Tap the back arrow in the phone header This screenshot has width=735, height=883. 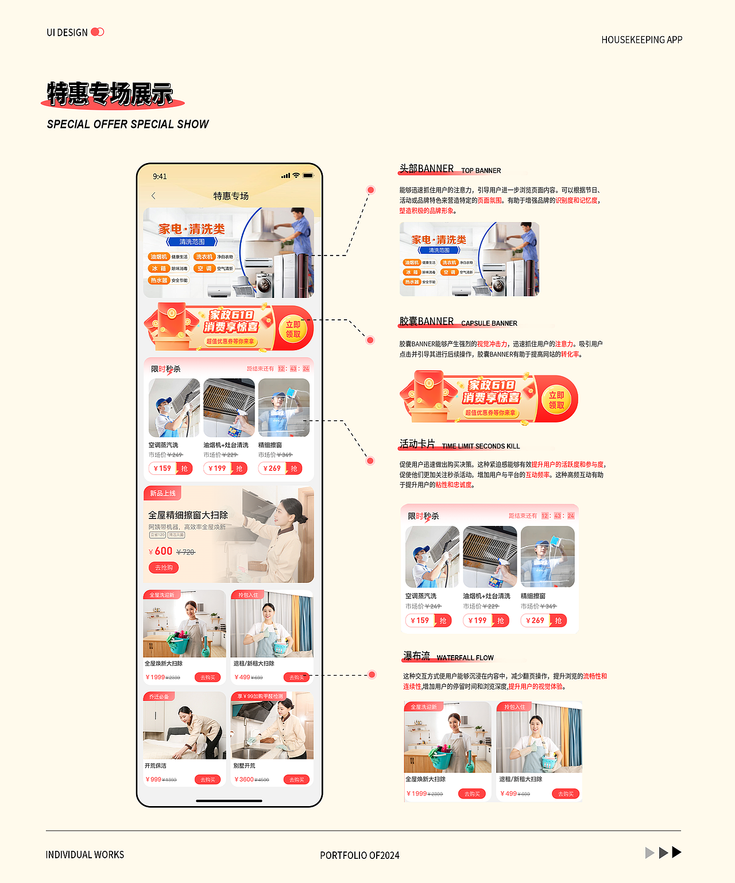153,196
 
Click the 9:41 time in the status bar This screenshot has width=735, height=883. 160,176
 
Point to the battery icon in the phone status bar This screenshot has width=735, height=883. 308,176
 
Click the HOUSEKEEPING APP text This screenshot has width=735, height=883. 641,40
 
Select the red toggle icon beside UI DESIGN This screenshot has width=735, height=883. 98,32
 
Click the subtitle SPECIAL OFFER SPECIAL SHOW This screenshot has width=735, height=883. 127,124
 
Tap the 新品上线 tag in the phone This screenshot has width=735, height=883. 163,493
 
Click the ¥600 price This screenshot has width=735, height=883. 161,551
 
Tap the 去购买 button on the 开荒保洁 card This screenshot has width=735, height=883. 207,780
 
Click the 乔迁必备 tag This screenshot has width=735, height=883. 159,696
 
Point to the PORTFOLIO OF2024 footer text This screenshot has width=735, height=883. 359,855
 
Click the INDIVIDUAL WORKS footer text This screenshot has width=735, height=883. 85,854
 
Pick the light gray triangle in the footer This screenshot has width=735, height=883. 649,853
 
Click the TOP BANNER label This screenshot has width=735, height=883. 481,171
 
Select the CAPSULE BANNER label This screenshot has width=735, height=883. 489,323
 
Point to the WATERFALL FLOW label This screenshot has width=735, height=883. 465,657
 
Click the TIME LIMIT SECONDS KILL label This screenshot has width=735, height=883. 481,446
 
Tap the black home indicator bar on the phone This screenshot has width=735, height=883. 229,800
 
